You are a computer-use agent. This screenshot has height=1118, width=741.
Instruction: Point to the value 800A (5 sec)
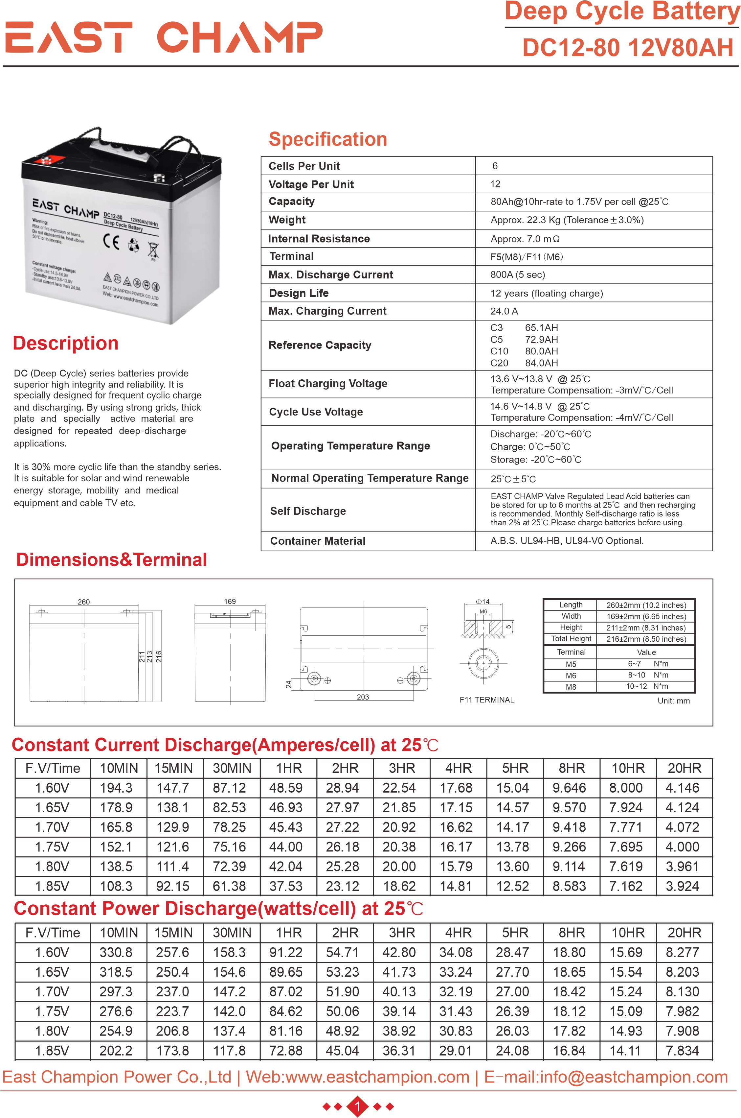517,275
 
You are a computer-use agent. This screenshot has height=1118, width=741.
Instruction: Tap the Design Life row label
299,293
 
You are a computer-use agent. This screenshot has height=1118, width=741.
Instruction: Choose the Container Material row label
318,541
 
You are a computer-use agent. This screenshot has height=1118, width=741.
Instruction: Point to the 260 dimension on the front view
84,602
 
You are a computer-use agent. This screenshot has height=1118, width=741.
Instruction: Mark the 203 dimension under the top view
363,697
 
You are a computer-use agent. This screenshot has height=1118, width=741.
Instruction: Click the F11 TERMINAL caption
487,700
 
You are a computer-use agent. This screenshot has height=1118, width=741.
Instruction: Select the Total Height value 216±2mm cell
646,639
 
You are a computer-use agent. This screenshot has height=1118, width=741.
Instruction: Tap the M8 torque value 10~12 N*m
646,686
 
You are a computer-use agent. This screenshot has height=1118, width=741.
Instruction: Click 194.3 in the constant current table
116,788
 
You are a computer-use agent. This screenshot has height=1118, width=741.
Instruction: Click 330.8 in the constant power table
116,952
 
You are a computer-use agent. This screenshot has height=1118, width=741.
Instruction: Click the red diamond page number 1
358,1106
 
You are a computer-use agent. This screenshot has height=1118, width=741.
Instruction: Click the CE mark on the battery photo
111,241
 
